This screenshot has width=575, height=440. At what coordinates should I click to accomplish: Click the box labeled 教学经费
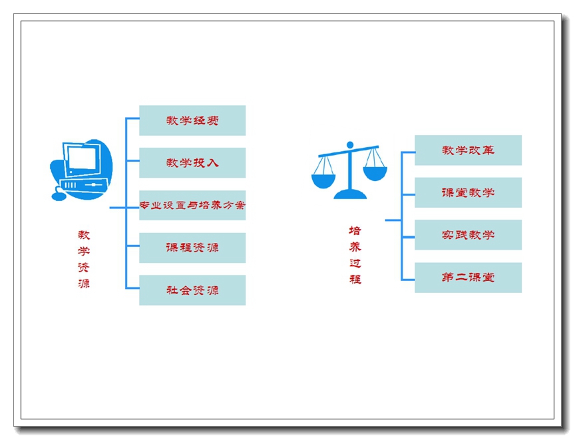point(192,120)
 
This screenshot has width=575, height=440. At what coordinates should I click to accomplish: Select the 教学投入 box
point(192,162)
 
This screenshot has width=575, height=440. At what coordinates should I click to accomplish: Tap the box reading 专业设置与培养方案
point(192,205)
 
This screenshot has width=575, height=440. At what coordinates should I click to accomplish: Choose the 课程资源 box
point(192,248)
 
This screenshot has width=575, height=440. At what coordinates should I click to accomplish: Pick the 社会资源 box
point(192,290)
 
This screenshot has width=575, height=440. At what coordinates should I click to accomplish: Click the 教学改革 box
point(468,150)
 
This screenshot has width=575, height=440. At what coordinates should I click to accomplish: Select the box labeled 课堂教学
point(468,192)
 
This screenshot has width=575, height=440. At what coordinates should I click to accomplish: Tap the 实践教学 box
point(468,235)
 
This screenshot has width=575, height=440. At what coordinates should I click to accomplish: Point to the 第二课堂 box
point(468,278)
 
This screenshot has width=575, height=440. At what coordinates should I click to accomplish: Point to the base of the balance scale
point(350,194)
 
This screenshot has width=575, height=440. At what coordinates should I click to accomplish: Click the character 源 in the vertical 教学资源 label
point(84,284)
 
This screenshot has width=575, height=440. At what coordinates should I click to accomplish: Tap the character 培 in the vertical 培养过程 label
point(355,231)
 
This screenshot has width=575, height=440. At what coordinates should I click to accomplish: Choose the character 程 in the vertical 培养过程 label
point(355,279)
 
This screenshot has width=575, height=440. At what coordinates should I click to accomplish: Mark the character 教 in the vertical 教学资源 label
point(84,235)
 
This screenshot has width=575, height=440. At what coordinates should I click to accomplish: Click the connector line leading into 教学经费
point(132,119)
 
